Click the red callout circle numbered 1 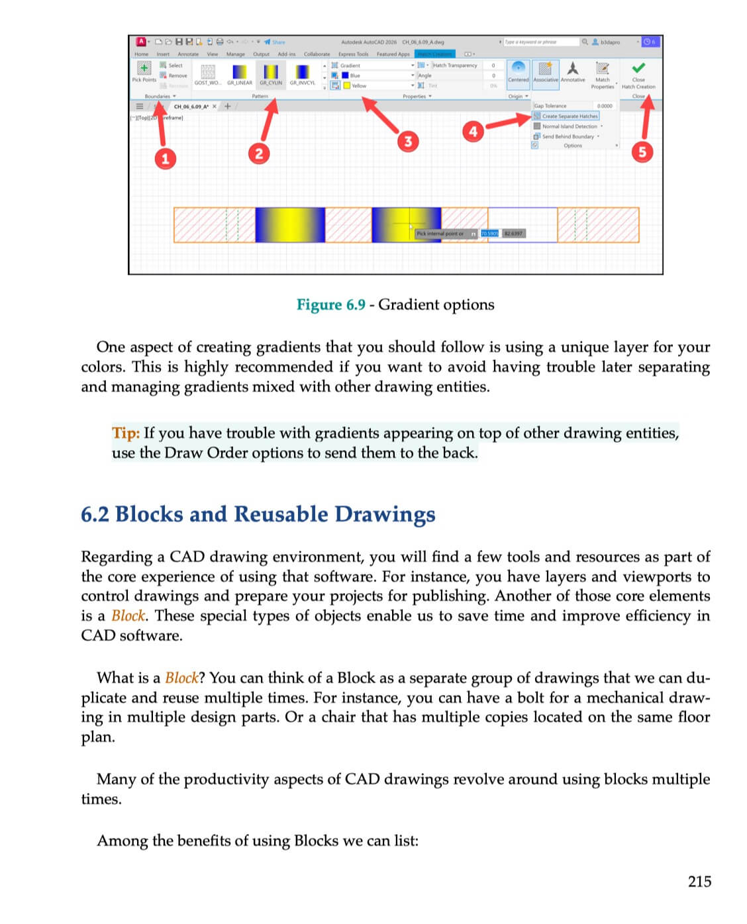165,158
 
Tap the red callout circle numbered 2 259,154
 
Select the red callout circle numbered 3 408,140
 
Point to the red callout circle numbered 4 473,131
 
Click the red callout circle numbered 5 642,152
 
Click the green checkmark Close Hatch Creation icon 638,68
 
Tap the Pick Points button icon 144,69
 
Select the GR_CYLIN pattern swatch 271,71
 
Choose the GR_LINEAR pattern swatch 240,71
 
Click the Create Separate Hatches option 569,116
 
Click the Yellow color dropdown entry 358,86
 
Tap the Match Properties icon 603,69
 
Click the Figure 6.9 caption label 330,304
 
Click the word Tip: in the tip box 126,433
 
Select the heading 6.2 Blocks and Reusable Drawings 258,514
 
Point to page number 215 699,881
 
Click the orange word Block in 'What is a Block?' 181,678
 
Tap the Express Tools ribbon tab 353,54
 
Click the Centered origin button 519,69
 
